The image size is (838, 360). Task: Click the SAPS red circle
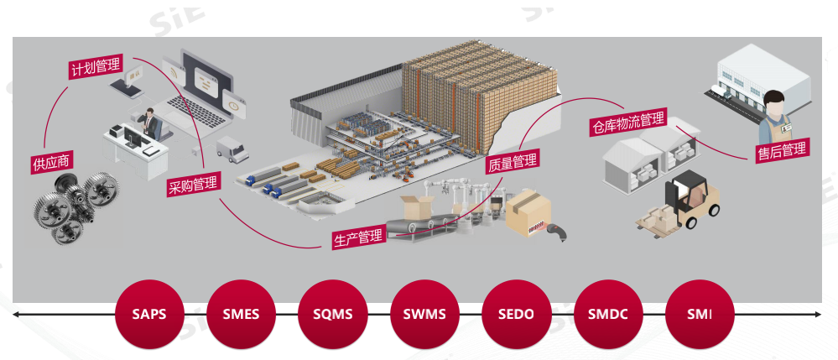click(148, 316)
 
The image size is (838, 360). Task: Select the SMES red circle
click(241, 316)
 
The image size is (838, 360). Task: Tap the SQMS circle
click(332, 316)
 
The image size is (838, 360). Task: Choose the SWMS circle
click(424, 316)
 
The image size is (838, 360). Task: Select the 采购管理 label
click(193, 184)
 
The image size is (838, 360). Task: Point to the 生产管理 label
click(358, 237)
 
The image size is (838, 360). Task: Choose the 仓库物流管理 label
click(627, 123)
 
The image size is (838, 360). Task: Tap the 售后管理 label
click(781, 150)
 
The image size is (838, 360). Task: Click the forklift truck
click(685, 201)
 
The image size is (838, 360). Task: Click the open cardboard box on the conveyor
click(417, 206)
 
